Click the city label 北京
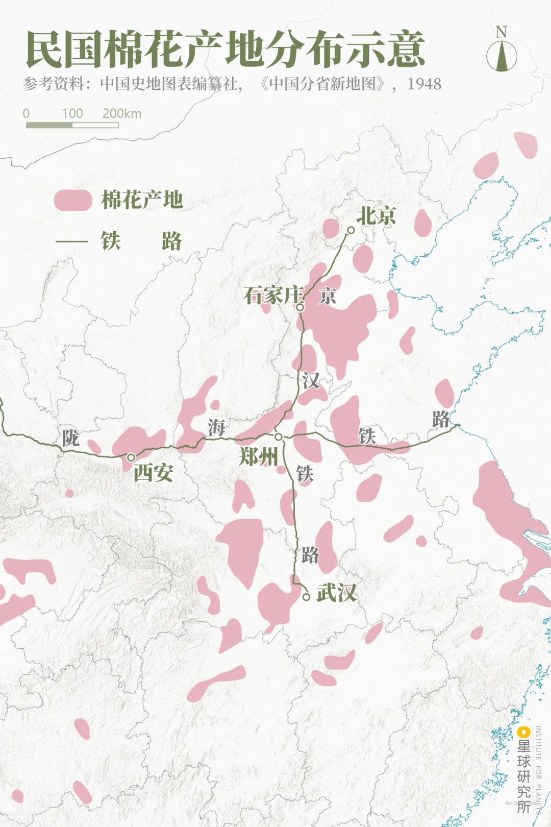pos(376,215)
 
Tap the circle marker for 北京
pos(351,230)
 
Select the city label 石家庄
pos(273,295)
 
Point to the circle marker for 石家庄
pos(300,307)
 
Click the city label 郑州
pos(259,456)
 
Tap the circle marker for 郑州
pos(279,437)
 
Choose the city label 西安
pos(153,473)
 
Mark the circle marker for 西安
pos(131,457)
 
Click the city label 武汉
pos(336,593)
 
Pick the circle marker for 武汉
pos(306,596)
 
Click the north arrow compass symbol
pos(501,51)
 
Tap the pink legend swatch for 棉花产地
pos(72,200)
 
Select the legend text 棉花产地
pos(142,200)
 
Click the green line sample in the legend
pos(71,241)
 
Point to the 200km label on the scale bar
pos(121,113)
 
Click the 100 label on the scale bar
pos(72,113)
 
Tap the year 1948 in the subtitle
pos(423,84)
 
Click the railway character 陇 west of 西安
pos(71,437)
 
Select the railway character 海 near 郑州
pos(216,427)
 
